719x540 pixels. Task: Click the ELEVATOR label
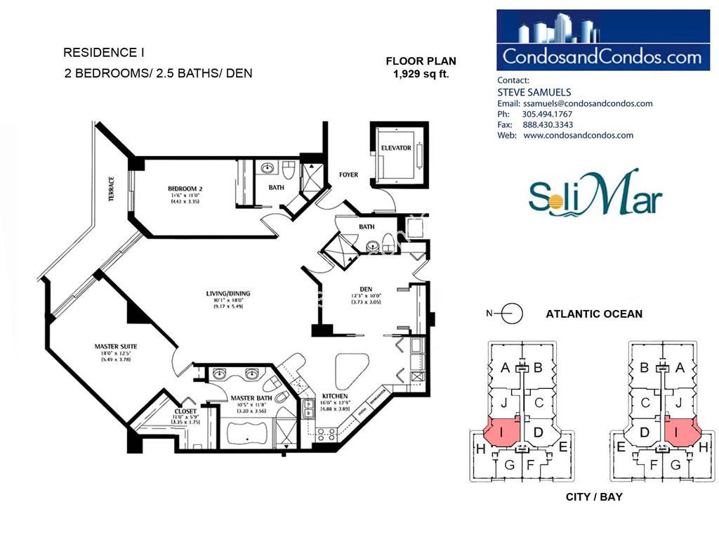click(x=396, y=148)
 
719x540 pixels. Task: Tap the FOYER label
click(x=348, y=174)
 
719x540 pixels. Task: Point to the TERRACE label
click(x=111, y=189)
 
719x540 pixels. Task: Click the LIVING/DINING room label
click(x=227, y=293)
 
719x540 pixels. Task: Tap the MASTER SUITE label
click(x=115, y=346)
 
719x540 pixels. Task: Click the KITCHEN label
click(x=335, y=396)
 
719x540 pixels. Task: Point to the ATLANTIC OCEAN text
click(x=594, y=314)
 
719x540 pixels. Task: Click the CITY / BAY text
click(x=594, y=497)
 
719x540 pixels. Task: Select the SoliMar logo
click(x=595, y=193)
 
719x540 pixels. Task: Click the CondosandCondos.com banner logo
click(x=602, y=40)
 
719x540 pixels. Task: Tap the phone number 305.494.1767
click(x=548, y=114)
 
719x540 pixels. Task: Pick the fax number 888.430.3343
click(x=548, y=124)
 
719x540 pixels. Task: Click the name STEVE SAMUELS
click(x=534, y=92)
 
